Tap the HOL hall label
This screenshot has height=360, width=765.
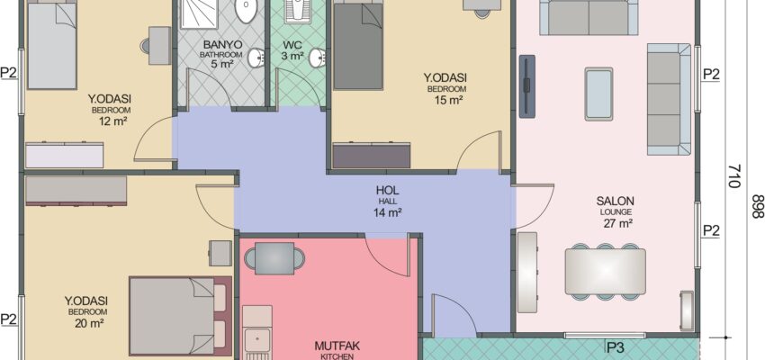pyautogui.click(x=388, y=190)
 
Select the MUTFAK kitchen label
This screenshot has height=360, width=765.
pyautogui.click(x=337, y=346)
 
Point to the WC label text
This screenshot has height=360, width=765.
pyautogui.click(x=292, y=44)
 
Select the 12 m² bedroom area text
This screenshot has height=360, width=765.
pyautogui.click(x=112, y=120)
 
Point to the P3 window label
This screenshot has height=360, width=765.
pyautogui.click(x=616, y=347)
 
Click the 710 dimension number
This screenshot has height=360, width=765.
pyautogui.click(x=734, y=176)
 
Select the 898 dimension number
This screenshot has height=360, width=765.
pyautogui.click(x=757, y=206)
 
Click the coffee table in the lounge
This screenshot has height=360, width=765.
pyautogui.click(x=598, y=94)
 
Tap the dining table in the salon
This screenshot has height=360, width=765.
pyautogui.click(x=605, y=271)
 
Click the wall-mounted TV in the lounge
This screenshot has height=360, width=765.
pyautogui.click(x=526, y=86)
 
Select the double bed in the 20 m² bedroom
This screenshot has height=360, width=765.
pyautogui.click(x=180, y=316)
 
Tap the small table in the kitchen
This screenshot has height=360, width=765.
pyautogui.click(x=274, y=258)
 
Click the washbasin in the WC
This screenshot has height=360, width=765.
pyautogui.click(x=318, y=58)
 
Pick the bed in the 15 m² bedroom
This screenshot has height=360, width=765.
pyautogui.click(x=358, y=45)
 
